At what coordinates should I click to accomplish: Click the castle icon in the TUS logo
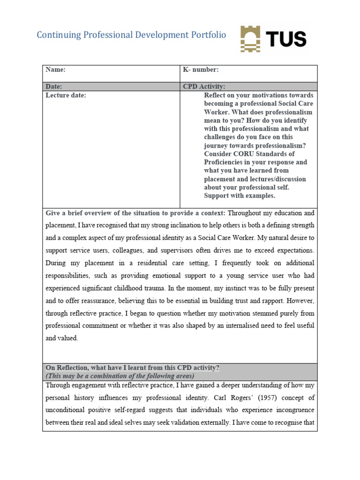coord(251,38)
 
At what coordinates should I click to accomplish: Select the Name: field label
coord(55,70)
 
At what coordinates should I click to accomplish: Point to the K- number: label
coord(201,70)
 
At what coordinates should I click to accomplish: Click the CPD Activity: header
coord(204,87)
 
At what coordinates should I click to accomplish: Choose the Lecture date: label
coord(66,95)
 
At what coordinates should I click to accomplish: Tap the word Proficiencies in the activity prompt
coord(226,162)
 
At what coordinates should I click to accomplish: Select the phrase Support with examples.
coord(240,196)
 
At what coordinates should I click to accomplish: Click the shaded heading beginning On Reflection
coord(132,368)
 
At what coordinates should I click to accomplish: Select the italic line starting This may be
coord(120,376)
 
